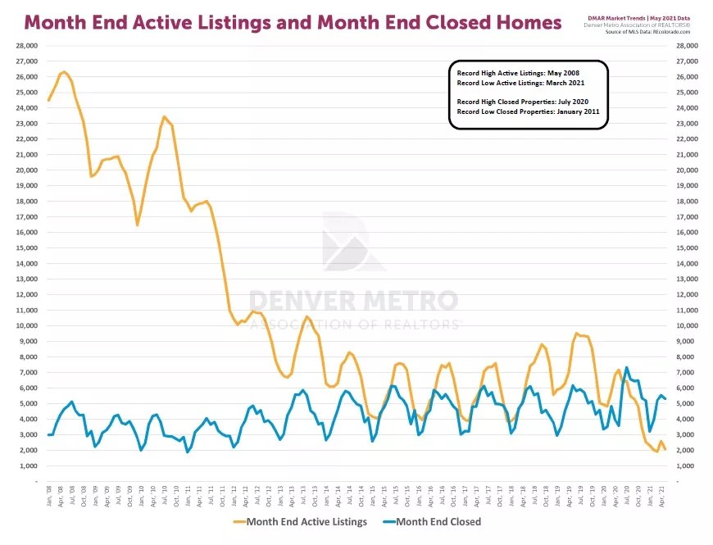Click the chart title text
click(x=293, y=22)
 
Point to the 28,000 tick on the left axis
click(x=27, y=46)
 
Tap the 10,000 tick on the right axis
click(x=685, y=326)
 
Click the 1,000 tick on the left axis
click(x=30, y=466)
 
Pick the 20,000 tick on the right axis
click(x=685, y=170)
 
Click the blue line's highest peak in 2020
click(x=627, y=367)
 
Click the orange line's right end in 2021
click(x=665, y=450)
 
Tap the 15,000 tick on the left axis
click(x=28, y=248)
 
